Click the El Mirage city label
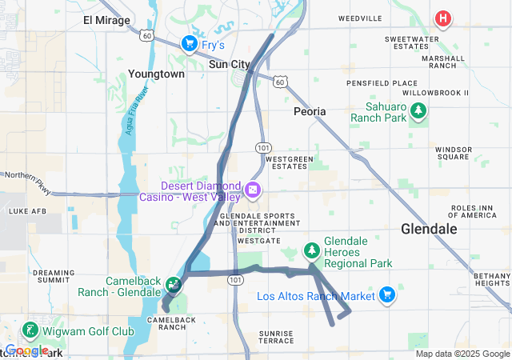(106, 21)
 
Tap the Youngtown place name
(156, 74)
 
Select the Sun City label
(229, 64)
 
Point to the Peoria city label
(310, 111)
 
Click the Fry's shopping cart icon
(190, 42)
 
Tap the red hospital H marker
(442, 18)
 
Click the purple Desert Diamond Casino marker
(253, 190)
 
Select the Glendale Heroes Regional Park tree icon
(311, 251)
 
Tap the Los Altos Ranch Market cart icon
(387, 295)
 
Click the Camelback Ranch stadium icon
(173, 284)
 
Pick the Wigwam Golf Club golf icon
(30, 330)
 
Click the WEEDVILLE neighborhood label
(360, 17)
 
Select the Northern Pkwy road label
(27, 175)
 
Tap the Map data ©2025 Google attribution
(462, 354)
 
